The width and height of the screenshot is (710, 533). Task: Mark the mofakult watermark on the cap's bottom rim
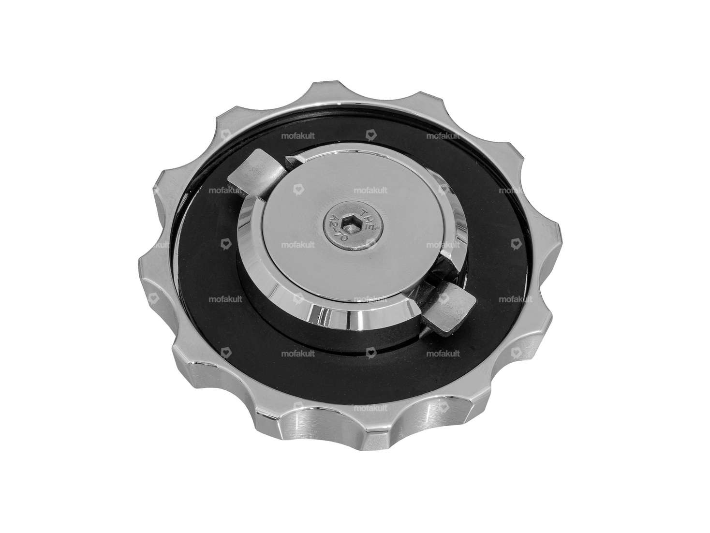370,408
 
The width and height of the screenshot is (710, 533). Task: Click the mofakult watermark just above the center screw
370,190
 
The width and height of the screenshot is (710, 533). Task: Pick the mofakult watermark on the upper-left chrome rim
225,190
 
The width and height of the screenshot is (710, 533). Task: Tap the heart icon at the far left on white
153,299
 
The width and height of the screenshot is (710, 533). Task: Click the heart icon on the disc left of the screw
298,191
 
